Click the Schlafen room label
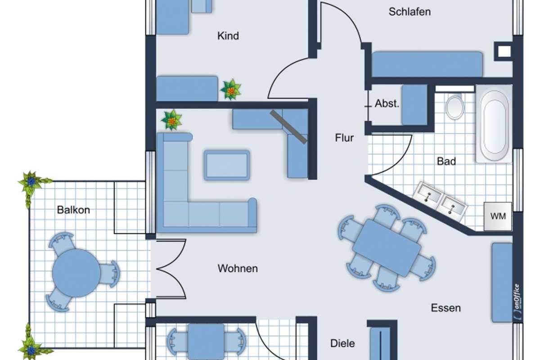409,12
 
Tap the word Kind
228,36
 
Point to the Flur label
344,138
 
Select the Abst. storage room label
387,103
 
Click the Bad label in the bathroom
446,161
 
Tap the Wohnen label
238,268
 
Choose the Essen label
446,308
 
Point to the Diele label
342,343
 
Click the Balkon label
73,210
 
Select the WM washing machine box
498,216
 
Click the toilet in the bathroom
454,107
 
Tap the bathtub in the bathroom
494,123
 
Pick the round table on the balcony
76,273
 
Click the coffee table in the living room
227,166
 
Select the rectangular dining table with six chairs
387,247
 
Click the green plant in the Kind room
231,90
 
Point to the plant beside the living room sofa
171,120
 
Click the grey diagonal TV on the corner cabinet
289,127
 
